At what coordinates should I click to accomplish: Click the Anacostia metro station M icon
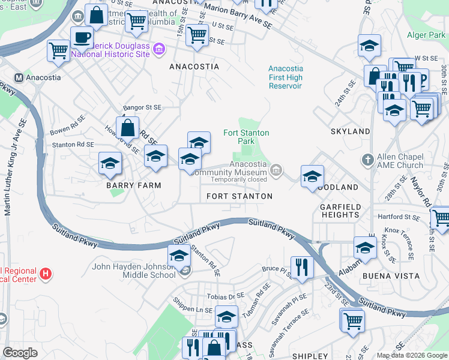tap(19, 77)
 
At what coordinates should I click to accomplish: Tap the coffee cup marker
tap(82, 37)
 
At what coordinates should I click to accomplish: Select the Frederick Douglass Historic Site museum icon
tap(159, 48)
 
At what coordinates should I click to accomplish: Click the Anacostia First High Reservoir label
tap(286, 77)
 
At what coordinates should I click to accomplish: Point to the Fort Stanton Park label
tap(246, 137)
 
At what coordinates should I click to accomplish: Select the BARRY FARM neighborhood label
tap(134, 185)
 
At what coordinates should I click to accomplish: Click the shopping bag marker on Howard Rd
tap(128, 127)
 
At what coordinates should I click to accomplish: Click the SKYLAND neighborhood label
tap(350, 131)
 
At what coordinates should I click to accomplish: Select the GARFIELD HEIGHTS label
tap(340, 211)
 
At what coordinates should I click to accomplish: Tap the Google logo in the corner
tap(20, 352)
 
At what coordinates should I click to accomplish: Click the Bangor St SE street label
tap(142, 107)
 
